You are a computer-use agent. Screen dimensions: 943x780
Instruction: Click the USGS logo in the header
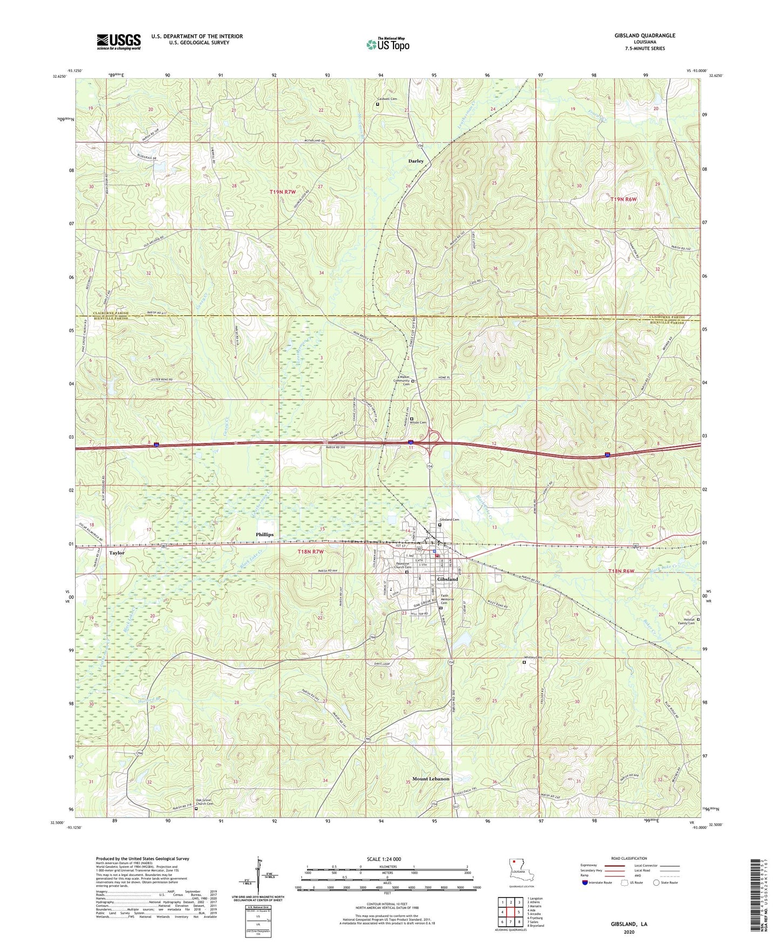point(119,42)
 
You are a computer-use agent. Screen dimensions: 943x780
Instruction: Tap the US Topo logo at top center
point(388,44)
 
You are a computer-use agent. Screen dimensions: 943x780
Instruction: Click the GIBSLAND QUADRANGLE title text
point(645,36)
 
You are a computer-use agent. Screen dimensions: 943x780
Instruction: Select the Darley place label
point(416,161)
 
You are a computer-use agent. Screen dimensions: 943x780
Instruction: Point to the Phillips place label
point(264,534)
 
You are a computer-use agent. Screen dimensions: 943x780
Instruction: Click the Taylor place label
point(117,553)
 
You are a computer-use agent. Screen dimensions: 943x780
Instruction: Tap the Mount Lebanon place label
point(431,779)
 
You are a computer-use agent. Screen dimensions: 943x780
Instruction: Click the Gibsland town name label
point(447,579)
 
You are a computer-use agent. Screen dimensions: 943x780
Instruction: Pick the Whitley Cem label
point(532,657)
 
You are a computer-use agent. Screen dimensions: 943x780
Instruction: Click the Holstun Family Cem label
point(686,621)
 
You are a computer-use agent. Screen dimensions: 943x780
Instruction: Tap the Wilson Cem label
point(420,422)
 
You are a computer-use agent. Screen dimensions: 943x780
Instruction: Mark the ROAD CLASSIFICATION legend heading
point(628,858)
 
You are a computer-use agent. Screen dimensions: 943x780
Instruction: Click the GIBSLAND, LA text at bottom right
point(629,924)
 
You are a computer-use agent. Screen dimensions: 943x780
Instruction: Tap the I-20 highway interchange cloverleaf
point(433,437)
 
